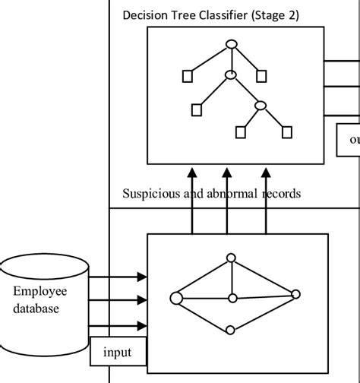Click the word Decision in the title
tap(145, 15)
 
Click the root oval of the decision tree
tap(232, 43)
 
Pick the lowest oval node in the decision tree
tap(261, 106)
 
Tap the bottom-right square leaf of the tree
tap(286, 132)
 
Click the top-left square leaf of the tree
tap(186, 75)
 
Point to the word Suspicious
tap(150, 193)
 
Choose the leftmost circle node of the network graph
tap(176, 297)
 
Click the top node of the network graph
tap(233, 259)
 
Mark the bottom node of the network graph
tap(232, 331)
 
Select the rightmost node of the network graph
tap(296, 293)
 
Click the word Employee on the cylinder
tap(39, 292)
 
